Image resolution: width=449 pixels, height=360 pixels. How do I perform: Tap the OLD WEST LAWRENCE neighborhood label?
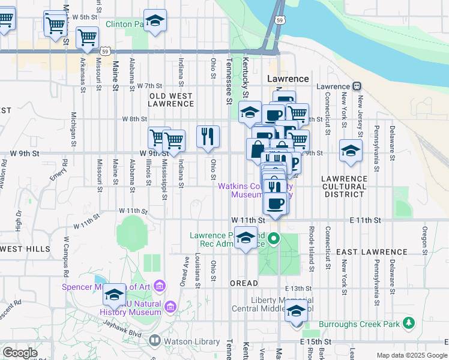[x=171, y=100]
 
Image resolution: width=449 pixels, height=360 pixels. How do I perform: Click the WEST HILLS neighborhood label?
[x=25, y=248]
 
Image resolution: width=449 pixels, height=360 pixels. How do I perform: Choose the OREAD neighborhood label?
[x=244, y=283]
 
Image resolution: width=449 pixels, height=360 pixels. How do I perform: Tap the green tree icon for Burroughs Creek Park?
[x=409, y=323]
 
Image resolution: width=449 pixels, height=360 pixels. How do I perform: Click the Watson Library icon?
[x=154, y=341]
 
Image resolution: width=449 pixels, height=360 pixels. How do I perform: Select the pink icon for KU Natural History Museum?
[x=170, y=307]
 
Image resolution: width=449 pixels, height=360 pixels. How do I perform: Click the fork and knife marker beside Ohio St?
[x=208, y=136]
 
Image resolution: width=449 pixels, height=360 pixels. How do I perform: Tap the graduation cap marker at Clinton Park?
[x=155, y=22]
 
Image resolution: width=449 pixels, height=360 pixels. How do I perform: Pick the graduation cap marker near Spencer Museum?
[x=114, y=294]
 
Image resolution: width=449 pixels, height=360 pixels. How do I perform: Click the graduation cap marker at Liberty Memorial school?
[x=296, y=311]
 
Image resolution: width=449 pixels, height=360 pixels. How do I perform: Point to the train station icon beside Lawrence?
[x=357, y=86]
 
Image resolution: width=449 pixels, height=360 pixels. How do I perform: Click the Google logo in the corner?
[x=20, y=353]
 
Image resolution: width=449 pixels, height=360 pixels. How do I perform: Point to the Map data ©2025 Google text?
[x=411, y=355]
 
